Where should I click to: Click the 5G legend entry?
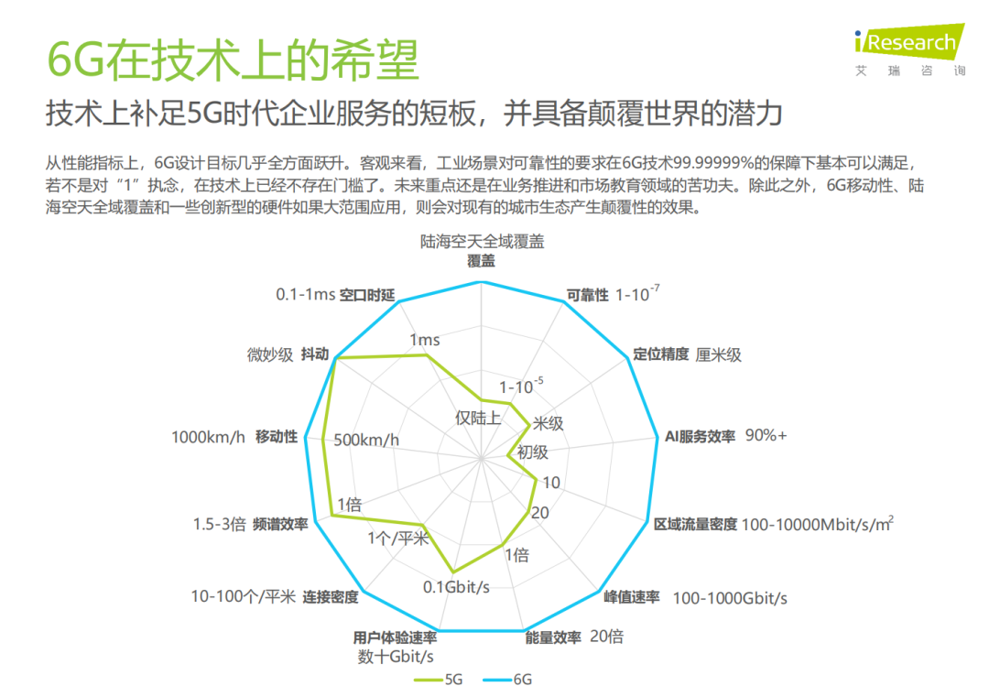[439, 680]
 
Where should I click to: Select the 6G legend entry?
[507, 680]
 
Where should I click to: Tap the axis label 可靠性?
[587, 295]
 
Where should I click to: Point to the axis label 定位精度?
[661, 354]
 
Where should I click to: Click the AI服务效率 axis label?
[701, 437]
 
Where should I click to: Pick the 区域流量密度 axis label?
[695, 524]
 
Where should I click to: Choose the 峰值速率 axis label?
[631, 597]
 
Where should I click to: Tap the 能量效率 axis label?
[553, 637]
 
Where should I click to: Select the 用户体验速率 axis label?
[395, 637]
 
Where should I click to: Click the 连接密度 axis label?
[331, 596]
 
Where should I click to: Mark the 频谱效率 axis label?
[280, 524]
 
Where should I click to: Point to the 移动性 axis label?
[277, 437]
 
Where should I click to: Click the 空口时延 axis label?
[367, 295]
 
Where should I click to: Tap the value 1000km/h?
[208, 437]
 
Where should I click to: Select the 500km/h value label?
[366, 440]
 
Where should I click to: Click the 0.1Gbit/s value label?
[456, 587]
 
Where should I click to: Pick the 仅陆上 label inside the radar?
[478, 418]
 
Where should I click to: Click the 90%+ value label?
[766, 435]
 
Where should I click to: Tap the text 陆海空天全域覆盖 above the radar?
[482, 242]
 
